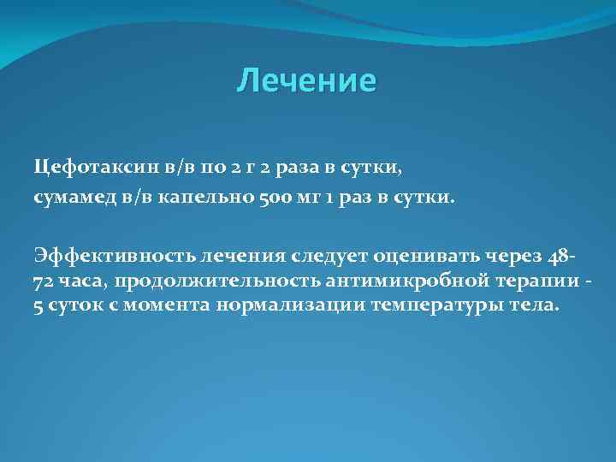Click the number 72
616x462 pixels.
43,281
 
